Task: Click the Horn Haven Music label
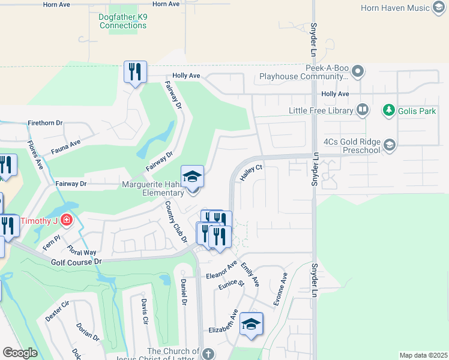(x=404, y=8)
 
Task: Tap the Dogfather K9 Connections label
(x=123, y=21)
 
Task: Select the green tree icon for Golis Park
(x=389, y=110)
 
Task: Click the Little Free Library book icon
(x=362, y=110)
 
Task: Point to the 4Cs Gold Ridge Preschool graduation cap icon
(x=389, y=145)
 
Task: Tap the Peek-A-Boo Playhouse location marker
(x=358, y=72)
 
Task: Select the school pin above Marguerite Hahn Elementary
(x=192, y=177)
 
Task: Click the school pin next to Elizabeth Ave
(x=251, y=325)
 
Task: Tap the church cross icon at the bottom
(x=208, y=353)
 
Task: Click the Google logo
(x=20, y=353)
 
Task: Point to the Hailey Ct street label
(x=252, y=173)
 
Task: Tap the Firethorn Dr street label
(x=45, y=123)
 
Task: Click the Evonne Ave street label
(x=280, y=290)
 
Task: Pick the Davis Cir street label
(x=144, y=311)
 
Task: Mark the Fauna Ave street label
(x=67, y=145)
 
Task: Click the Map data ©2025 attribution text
(x=423, y=355)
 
